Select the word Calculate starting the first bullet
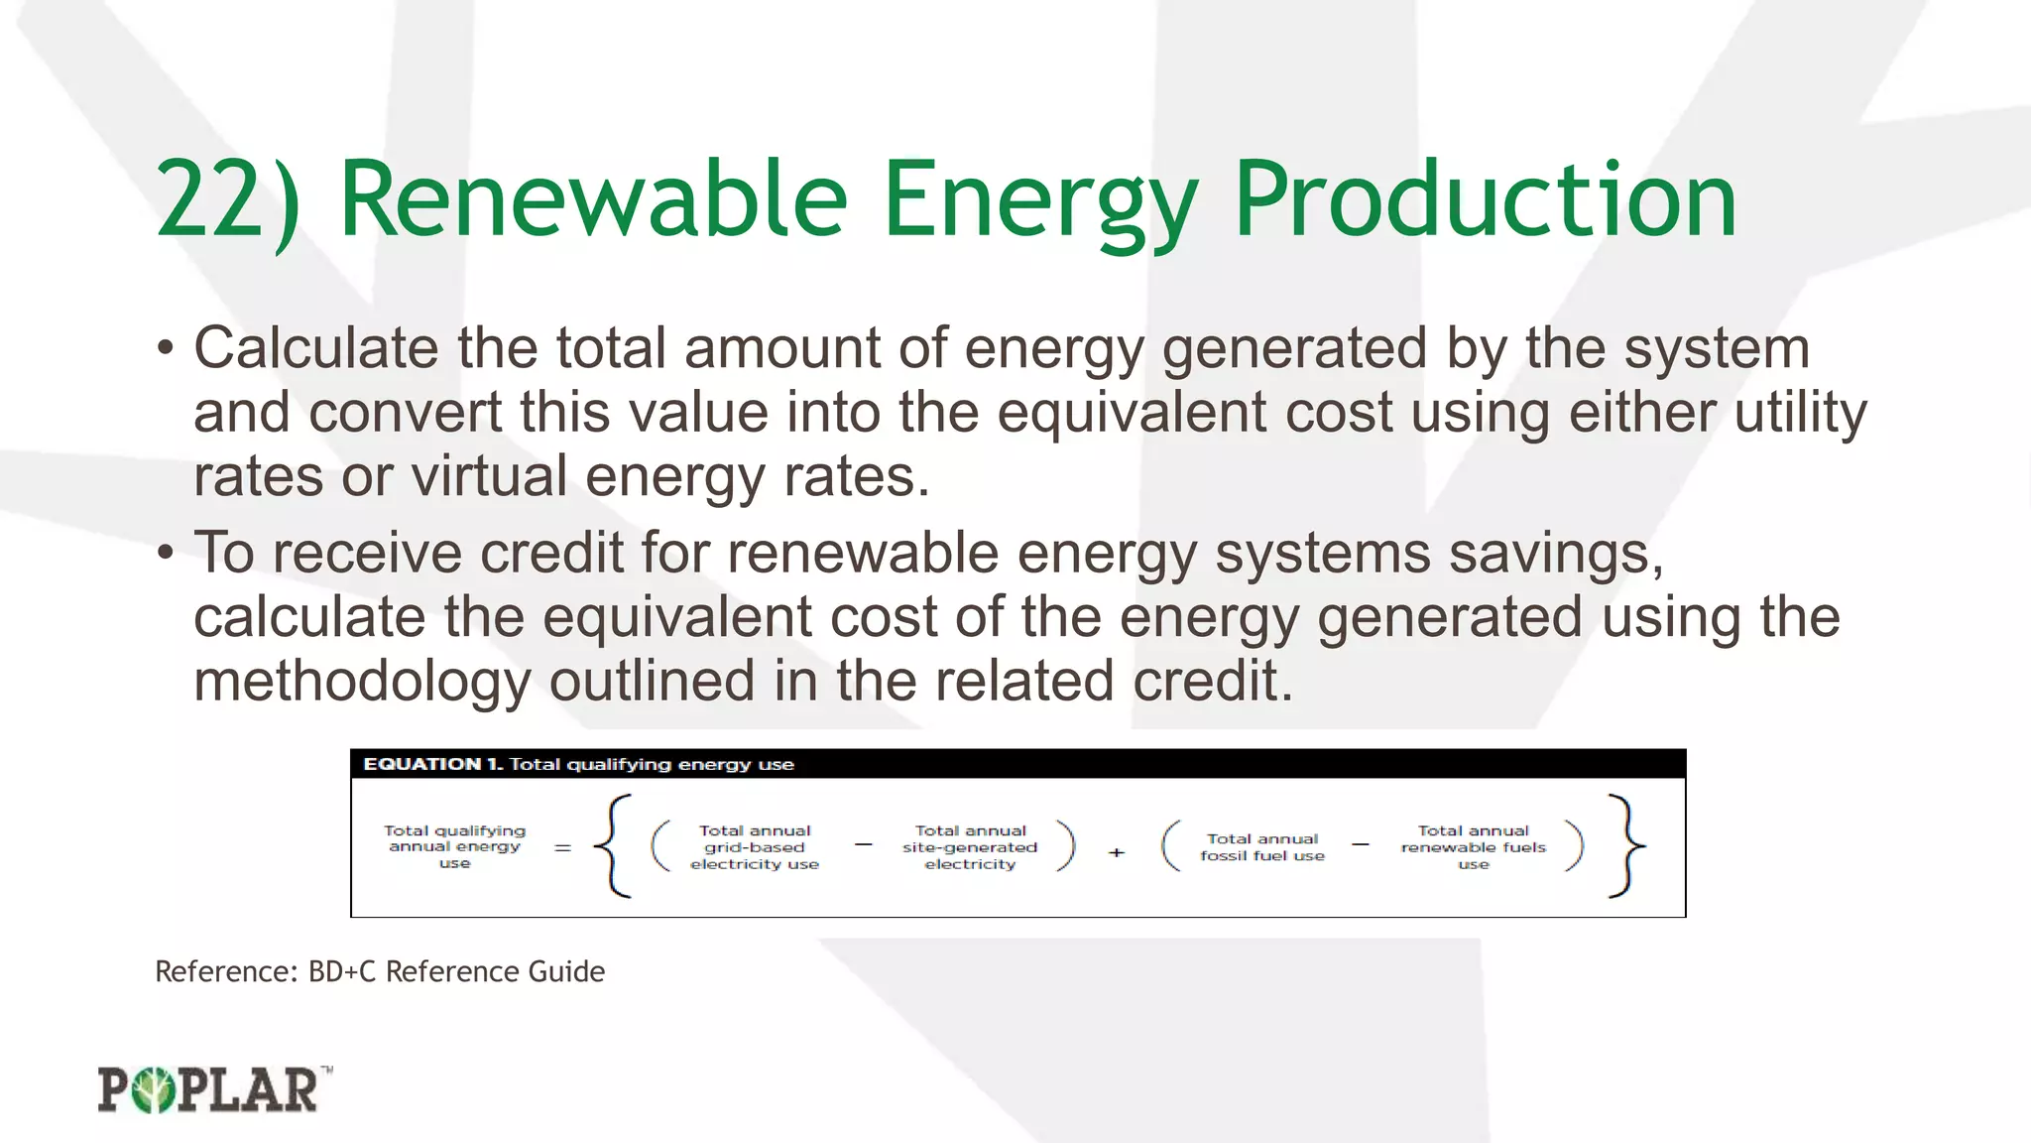pyautogui.click(x=315, y=349)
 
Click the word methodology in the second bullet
pyautogui.click(x=362, y=682)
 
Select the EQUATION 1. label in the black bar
pyautogui.click(x=433, y=764)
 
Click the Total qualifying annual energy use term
pyautogui.click(x=454, y=846)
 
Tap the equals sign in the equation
pyautogui.click(x=562, y=848)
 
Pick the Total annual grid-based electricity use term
pyautogui.click(x=755, y=847)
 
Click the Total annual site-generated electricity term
pyautogui.click(x=970, y=847)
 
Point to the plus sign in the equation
pyautogui.click(x=1117, y=852)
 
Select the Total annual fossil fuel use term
pyautogui.click(x=1261, y=847)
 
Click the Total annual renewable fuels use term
pyautogui.click(x=1473, y=847)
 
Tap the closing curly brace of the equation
pyautogui.click(x=1624, y=846)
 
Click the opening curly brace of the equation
pyautogui.click(x=613, y=846)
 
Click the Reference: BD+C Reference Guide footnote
pyautogui.click(x=380, y=971)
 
